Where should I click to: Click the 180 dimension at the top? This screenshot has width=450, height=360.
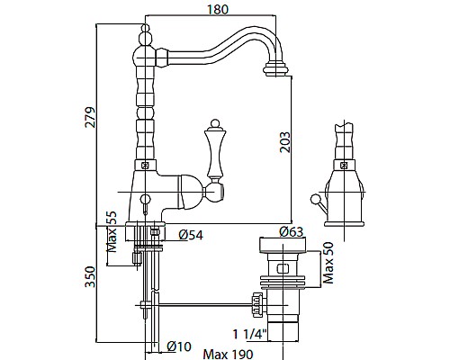coord(218,9)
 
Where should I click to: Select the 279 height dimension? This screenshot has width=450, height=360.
coord(90,117)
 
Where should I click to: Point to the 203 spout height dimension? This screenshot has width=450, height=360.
coord(285,142)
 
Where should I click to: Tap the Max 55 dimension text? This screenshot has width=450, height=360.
coord(111,231)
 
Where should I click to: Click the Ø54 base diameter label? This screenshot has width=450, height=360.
coord(191,235)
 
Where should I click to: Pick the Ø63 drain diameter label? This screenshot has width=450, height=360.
coord(292,231)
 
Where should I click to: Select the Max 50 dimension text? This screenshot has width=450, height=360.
coord(328,263)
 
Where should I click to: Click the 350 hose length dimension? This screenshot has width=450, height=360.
coord(90,276)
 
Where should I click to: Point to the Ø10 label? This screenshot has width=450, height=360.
coord(179,346)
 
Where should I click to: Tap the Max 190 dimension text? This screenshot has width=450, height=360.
coord(228,355)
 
